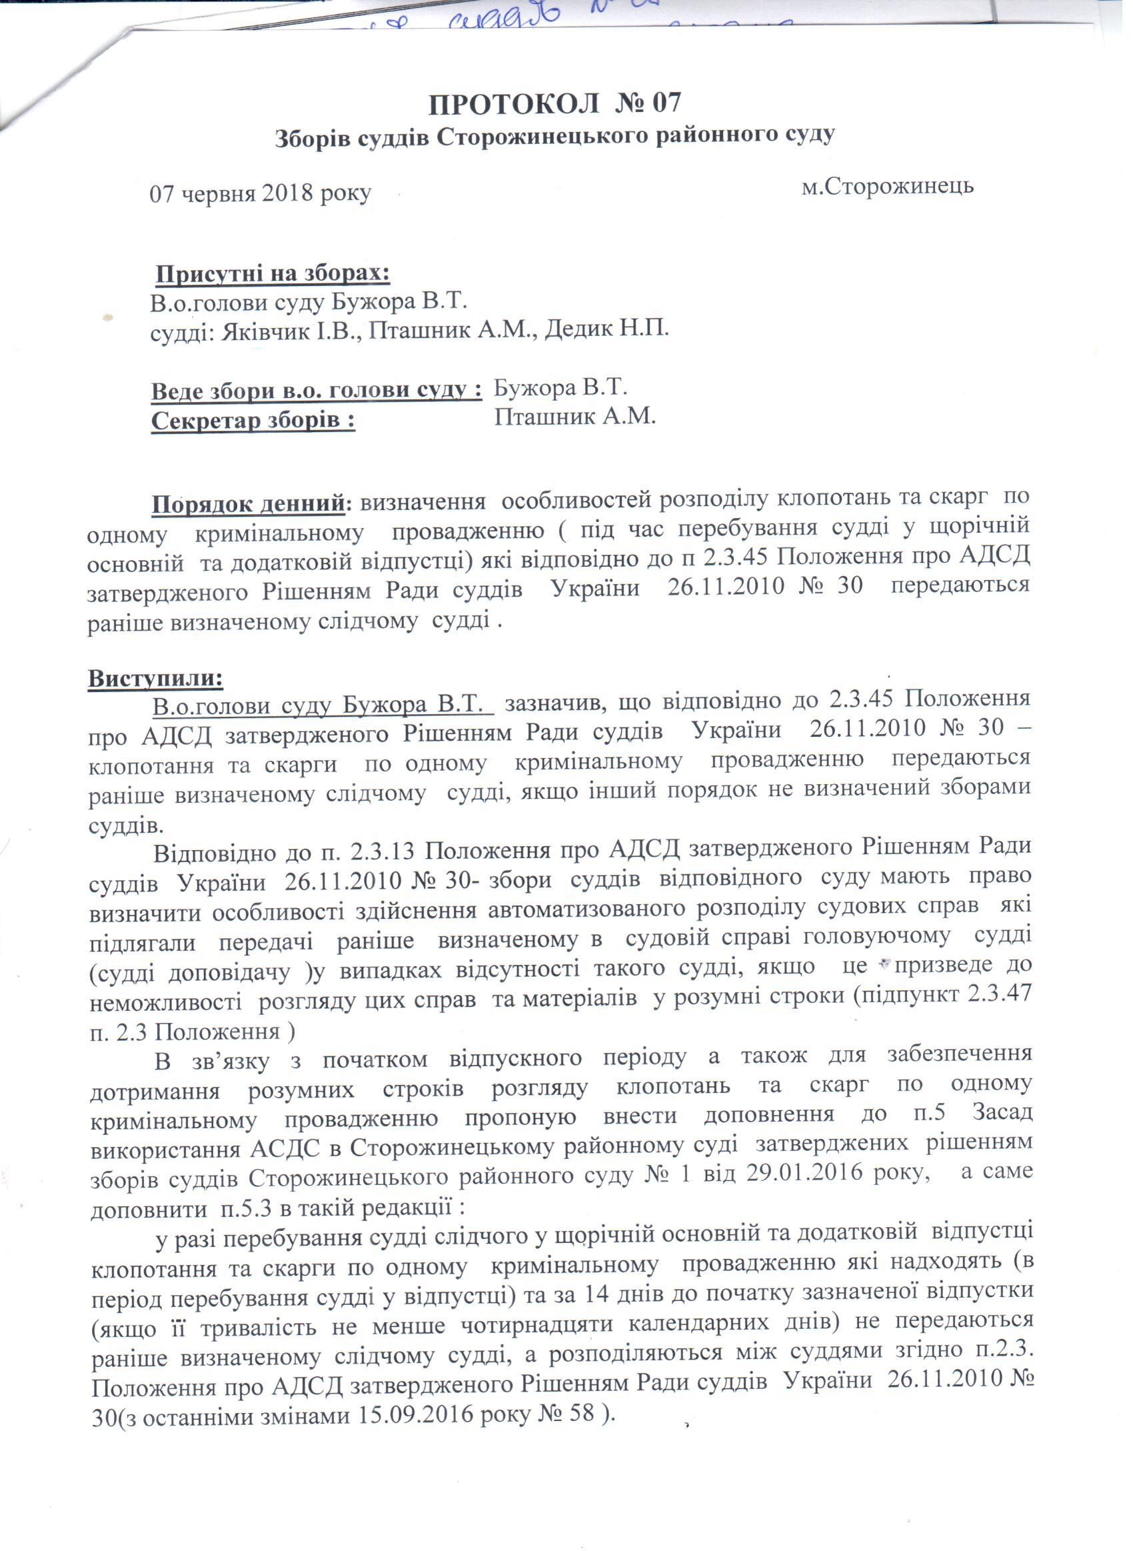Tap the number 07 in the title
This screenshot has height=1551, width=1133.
(x=663, y=103)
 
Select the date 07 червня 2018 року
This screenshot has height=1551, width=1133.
(x=260, y=193)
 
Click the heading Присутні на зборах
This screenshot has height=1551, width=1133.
(x=273, y=274)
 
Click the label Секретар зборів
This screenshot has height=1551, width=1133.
(x=253, y=420)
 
